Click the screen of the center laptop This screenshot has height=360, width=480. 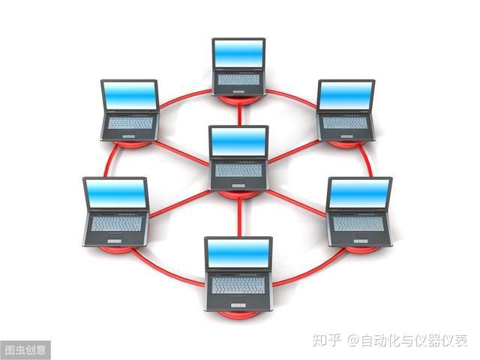point(239,141)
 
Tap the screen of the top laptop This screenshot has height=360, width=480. point(238,52)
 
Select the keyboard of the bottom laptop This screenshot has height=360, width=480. point(238,285)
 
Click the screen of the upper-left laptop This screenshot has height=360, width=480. point(130,95)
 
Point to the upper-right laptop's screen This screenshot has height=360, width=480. point(346,95)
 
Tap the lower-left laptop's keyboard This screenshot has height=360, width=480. point(115,223)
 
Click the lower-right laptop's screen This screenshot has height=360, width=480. point(360,193)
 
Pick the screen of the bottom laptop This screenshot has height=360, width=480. point(238,253)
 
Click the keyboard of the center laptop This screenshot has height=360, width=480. point(239,170)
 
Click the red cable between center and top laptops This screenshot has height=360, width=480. point(239,112)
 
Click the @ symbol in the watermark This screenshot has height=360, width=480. point(352,341)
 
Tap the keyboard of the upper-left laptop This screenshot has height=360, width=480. point(130,122)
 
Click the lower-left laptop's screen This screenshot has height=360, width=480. point(115,193)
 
